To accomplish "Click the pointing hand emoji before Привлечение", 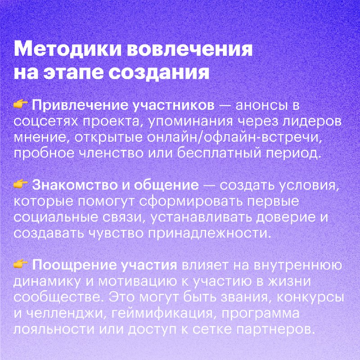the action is pyautogui.click(x=21, y=104).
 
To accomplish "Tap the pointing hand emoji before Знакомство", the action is pyautogui.click(x=21, y=184).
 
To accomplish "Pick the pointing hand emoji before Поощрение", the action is pyautogui.click(x=21, y=264).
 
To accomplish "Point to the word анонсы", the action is pyautogui.click(x=260, y=106).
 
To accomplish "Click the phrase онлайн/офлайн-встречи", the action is pyautogui.click(x=233, y=138).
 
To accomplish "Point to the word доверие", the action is pyautogui.click(x=284, y=217).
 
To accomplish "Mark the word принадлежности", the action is pyautogui.click(x=208, y=233).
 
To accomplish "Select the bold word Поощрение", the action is pyautogui.click(x=74, y=265).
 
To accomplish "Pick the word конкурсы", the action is pyautogui.click(x=310, y=297).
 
